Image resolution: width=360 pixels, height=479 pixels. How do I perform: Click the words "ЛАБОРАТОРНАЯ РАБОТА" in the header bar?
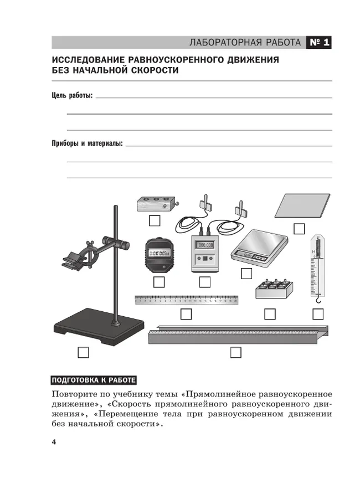point(245,43)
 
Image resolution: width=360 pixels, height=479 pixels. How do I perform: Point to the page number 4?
point(54,441)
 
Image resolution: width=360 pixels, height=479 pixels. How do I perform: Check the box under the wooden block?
point(155,220)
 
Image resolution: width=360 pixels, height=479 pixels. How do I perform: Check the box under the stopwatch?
point(159,282)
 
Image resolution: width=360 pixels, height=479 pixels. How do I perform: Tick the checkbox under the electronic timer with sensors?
point(205,282)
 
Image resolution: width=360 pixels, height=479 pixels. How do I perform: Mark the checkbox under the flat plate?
point(299,228)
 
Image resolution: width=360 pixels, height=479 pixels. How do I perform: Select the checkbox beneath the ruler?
point(186,314)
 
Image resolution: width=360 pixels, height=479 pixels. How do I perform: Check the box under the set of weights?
point(270,314)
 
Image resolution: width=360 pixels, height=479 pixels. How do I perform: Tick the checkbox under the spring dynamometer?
point(318,314)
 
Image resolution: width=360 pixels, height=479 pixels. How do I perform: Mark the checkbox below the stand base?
point(83,352)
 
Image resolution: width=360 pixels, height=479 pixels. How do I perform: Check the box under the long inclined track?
point(236,352)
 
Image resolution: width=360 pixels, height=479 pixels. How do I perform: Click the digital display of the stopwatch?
point(159,254)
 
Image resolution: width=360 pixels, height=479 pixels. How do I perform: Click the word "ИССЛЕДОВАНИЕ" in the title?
point(88,60)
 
